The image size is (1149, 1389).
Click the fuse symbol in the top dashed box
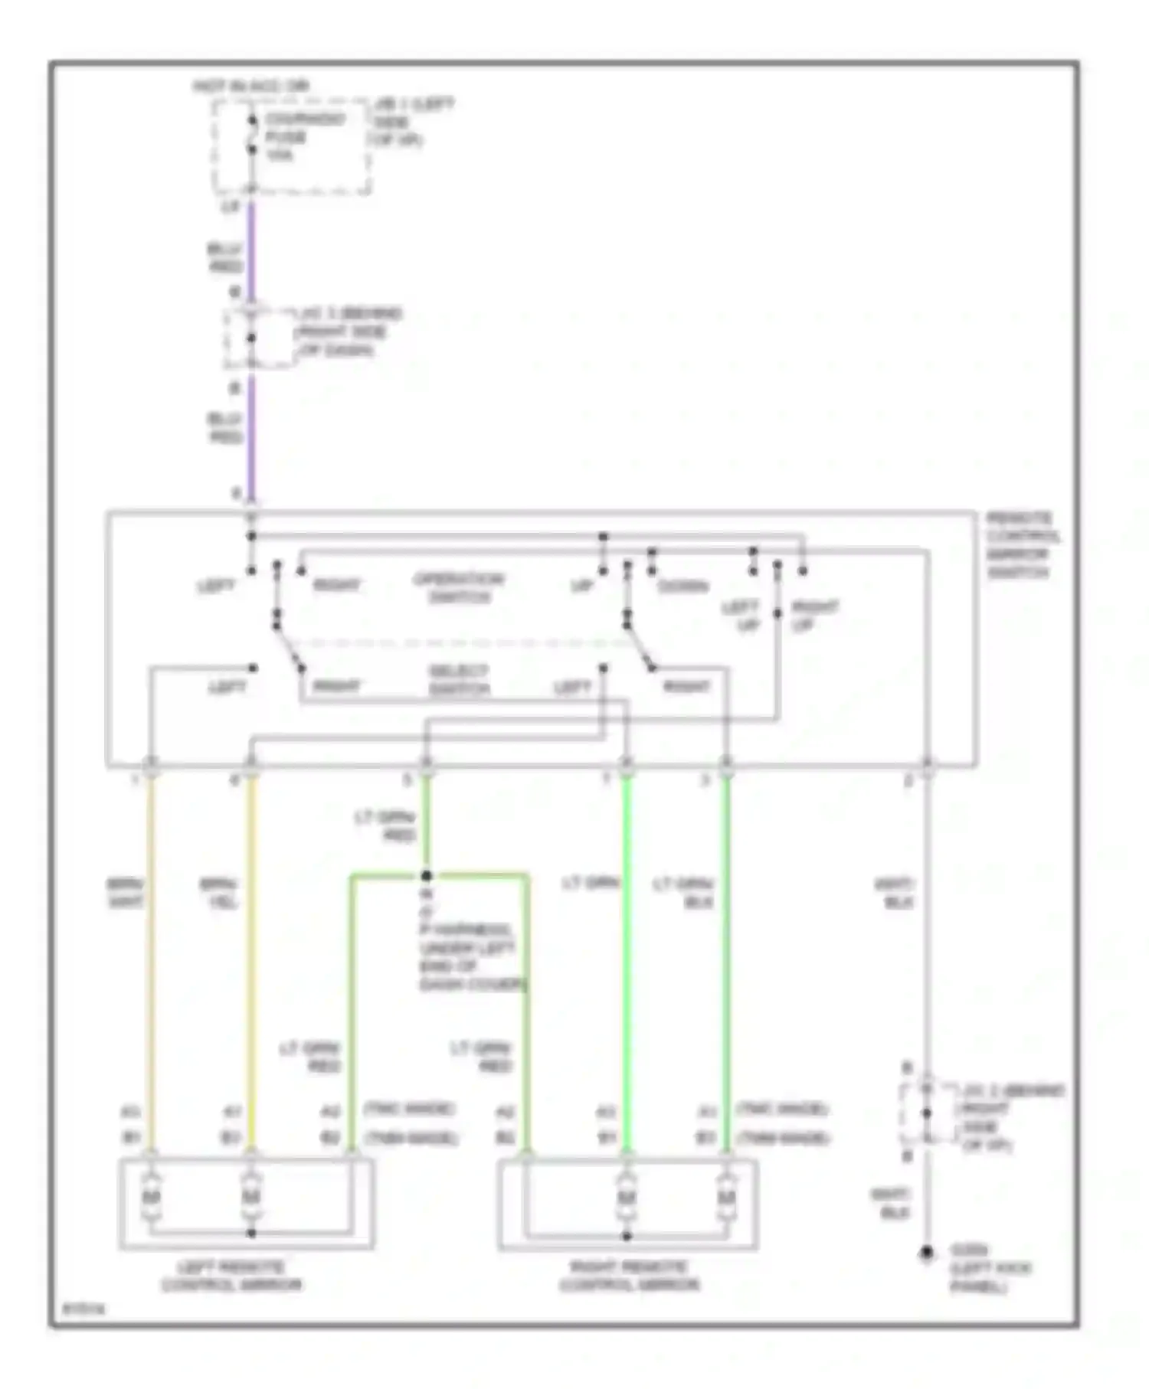[x=251, y=135]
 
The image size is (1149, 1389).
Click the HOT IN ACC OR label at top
[x=250, y=86]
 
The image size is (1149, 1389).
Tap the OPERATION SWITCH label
[x=458, y=587]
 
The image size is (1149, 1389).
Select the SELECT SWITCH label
[x=458, y=680]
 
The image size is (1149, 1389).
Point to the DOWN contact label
[x=683, y=587]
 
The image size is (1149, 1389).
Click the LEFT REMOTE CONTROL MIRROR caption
[x=231, y=1276]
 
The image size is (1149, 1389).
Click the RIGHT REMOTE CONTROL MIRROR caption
[x=629, y=1276]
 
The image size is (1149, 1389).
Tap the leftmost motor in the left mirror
[x=152, y=1195]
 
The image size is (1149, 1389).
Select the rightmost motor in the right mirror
[x=725, y=1195]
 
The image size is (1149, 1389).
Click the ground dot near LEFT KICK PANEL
[x=926, y=1253]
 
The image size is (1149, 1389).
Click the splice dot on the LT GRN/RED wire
[x=427, y=875]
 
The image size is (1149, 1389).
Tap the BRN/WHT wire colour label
[x=125, y=893]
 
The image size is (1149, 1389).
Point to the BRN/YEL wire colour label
[x=218, y=893]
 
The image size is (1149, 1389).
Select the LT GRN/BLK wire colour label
[x=683, y=893]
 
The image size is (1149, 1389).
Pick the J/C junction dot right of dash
[x=250, y=338]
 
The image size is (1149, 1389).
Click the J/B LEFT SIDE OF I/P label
[x=411, y=122]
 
